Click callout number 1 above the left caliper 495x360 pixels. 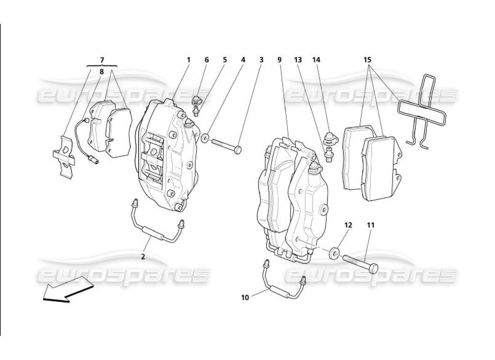(189, 59)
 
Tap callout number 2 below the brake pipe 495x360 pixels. (143, 257)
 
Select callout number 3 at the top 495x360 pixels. (261, 59)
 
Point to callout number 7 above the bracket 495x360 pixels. (102, 59)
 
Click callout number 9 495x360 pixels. (279, 59)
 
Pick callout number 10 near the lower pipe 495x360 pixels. (245, 297)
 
